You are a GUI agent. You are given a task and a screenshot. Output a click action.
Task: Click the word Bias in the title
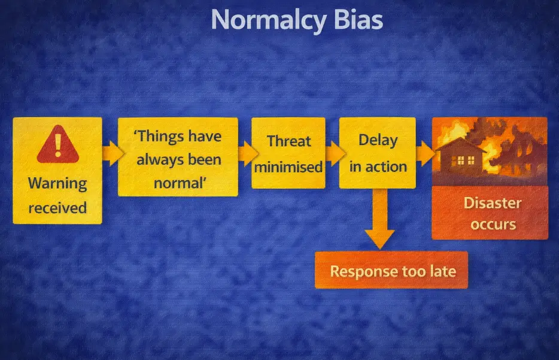[x=359, y=20]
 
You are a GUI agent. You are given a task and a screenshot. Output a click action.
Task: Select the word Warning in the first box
[x=57, y=183]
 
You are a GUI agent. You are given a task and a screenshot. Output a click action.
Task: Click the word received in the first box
[x=57, y=208]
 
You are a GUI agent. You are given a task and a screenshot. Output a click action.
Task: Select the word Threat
[x=288, y=141]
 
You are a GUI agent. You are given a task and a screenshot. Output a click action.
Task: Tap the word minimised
[x=288, y=167]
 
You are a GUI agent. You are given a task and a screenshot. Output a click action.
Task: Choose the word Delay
[x=378, y=140]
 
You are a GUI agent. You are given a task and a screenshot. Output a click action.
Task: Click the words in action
[x=378, y=166]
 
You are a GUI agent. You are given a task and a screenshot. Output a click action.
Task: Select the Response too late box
[x=392, y=271]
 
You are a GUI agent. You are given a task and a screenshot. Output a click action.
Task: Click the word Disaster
[x=492, y=202]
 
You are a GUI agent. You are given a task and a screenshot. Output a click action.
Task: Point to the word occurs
[x=492, y=225]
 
